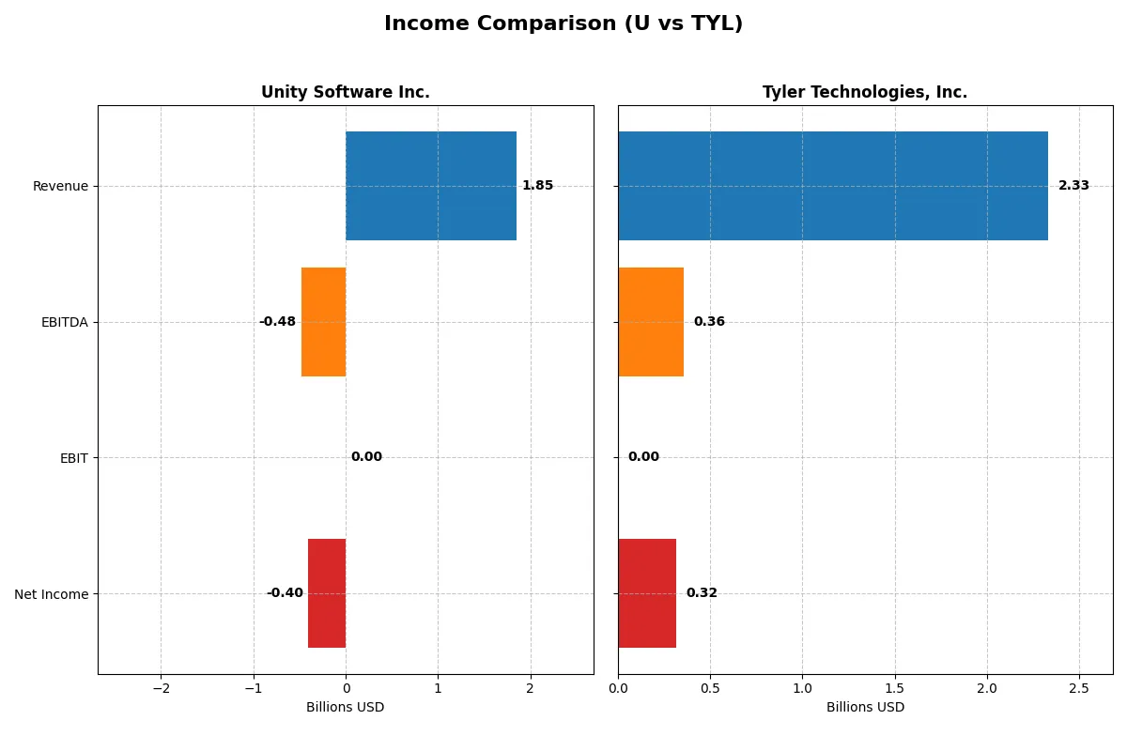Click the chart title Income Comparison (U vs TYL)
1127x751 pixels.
pos(563,24)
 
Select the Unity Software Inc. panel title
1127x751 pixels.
pos(345,92)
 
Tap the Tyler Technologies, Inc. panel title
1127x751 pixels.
pos(864,92)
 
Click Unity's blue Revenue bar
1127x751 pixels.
pos(430,186)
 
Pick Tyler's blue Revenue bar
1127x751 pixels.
pos(832,186)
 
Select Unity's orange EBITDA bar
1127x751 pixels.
pos(323,322)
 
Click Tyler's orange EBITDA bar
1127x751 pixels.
pos(651,322)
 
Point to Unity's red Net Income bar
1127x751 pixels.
pos(327,593)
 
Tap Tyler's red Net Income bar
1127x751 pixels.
pos(647,593)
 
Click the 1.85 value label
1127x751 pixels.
pos(537,186)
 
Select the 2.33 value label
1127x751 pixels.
pos(1073,186)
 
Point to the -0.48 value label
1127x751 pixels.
pos(277,322)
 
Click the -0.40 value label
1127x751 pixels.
pos(285,593)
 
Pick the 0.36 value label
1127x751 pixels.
pos(709,322)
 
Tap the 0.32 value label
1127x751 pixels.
pos(702,593)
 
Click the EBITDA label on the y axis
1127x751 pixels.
pos(64,322)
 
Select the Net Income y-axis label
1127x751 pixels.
pos(52,594)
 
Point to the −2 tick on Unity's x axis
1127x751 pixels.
pos(161,689)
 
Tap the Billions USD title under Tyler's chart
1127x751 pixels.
pos(865,708)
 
